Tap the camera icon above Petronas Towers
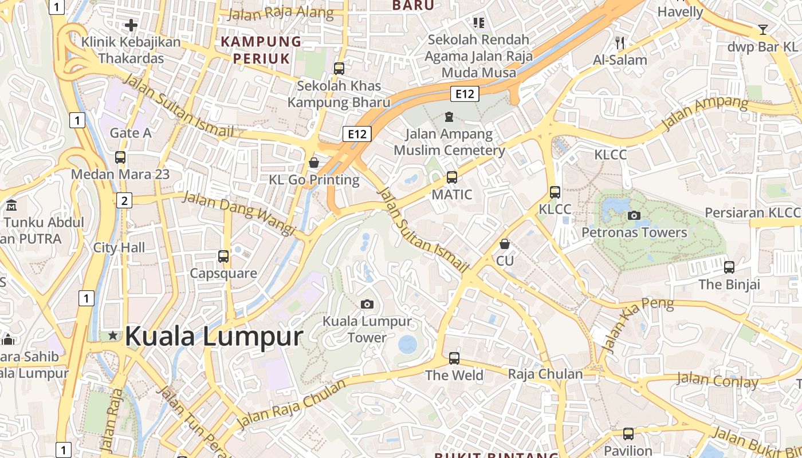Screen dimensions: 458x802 pos(634,215)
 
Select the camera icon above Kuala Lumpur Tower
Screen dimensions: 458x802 pos(367,304)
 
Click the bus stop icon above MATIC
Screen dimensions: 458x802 pos(452,177)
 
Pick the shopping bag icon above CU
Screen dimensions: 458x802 pos(505,244)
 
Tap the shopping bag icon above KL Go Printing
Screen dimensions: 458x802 pos(314,163)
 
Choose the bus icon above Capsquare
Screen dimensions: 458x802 pos(223,256)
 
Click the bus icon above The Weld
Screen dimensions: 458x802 pos(454,358)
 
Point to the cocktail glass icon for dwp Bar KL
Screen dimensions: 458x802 pos(763,30)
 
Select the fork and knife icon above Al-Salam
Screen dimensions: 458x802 pos(619,42)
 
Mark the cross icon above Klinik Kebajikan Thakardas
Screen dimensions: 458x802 pos(131,25)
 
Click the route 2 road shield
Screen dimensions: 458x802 pos(124,200)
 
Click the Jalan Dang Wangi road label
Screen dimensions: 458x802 pos(239,213)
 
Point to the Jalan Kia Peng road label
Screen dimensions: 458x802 pos(638,323)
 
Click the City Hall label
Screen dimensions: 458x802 pos(119,248)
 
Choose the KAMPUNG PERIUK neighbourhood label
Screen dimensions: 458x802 pos(261,50)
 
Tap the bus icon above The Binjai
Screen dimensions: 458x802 pos(729,267)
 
